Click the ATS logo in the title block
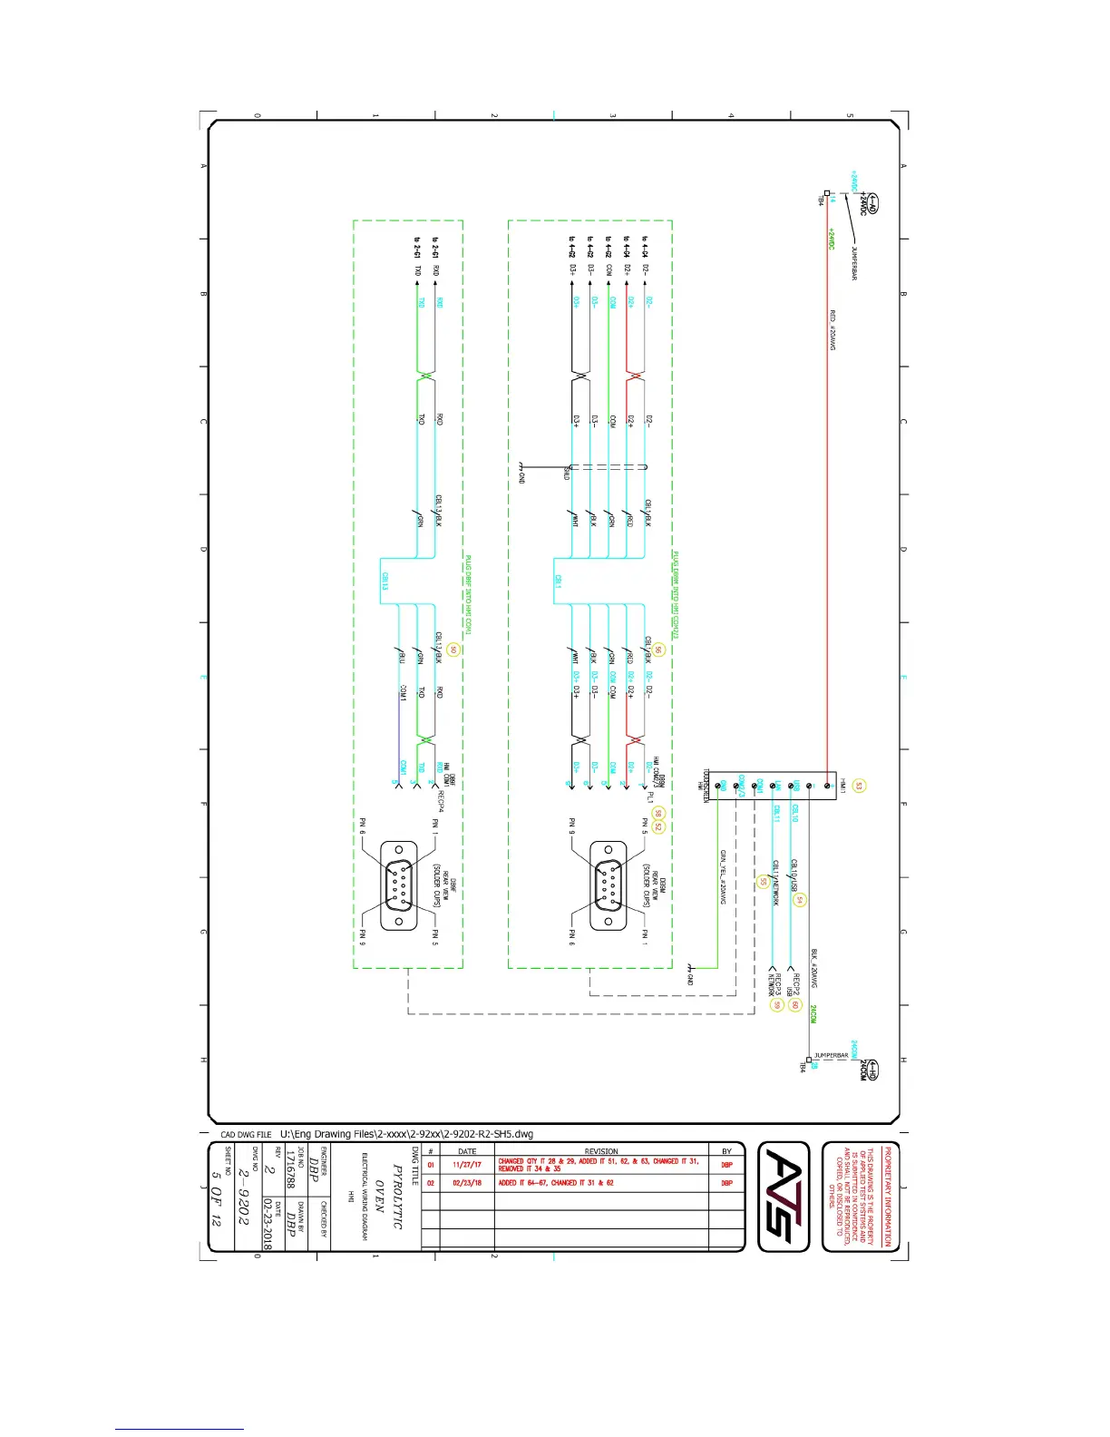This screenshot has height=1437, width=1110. coord(783,1196)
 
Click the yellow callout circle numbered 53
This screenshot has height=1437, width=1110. coord(859,786)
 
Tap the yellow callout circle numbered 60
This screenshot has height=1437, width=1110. coord(794,1004)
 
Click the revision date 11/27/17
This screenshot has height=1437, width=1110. coord(467,1164)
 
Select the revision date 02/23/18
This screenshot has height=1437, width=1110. coord(467,1183)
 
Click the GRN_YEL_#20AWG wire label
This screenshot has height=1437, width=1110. coord(723,876)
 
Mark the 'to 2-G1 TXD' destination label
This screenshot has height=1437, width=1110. coord(418,257)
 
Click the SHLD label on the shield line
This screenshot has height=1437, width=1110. coord(567,472)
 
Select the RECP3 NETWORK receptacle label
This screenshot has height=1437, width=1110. coord(774,985)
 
